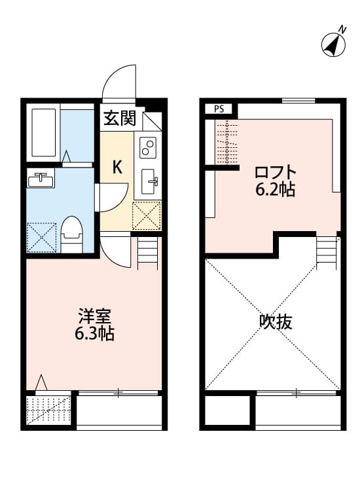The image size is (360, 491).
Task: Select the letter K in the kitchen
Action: point(117,167)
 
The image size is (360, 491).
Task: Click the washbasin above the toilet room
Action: point(41,179)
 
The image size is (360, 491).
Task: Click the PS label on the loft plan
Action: point(218,109)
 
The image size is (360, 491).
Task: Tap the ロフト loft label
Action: point(275,173)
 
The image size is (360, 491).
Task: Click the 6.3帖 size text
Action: point(94,334)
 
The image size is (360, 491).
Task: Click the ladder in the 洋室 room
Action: point(149,252)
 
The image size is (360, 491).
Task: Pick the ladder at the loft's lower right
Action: point(325,250)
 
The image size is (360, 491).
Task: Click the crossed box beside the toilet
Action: point(42,237)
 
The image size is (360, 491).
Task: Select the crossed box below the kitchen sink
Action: point(147,215)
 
